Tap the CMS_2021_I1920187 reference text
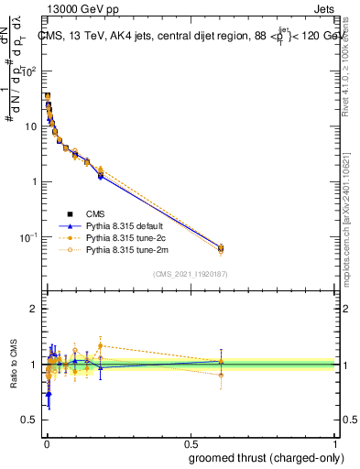click(191, 273)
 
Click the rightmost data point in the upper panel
click(221, 247)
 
